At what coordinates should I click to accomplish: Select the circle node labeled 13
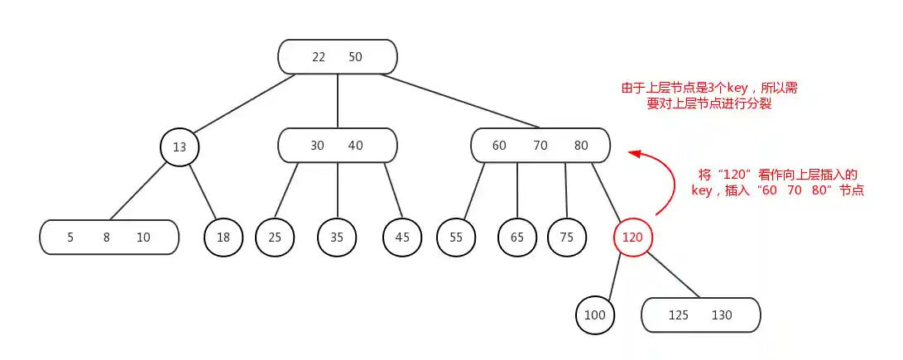pos(180,147)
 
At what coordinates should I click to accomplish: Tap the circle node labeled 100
pos(595,315)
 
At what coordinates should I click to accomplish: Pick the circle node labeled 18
pos(224,238)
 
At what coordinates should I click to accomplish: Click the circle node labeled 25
pos(275,238)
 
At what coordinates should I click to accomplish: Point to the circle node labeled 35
pos(337,238)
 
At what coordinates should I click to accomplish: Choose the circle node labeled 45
pos(402,238)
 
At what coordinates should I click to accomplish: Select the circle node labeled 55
pos(456,238)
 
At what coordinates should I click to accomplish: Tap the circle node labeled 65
pos(517,238)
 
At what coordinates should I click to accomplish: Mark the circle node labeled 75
pos(567,238)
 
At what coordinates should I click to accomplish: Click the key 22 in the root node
pos(319,57)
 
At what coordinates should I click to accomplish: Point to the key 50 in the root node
pos(355,57)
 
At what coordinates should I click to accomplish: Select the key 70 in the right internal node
pos(540,146)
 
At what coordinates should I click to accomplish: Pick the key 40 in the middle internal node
pos(355,146)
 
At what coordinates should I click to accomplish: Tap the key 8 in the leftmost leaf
pos(106,238)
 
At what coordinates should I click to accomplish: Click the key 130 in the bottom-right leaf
pos(722,315)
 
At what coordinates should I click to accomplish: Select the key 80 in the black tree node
pos(581,146)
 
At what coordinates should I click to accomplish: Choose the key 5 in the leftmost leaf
pos(70,238)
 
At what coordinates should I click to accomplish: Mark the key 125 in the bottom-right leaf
pos(678,315)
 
